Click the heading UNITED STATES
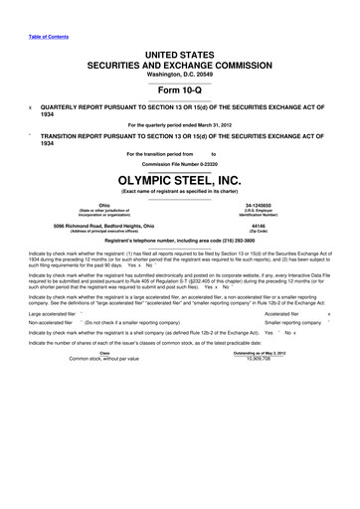[179, 34]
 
